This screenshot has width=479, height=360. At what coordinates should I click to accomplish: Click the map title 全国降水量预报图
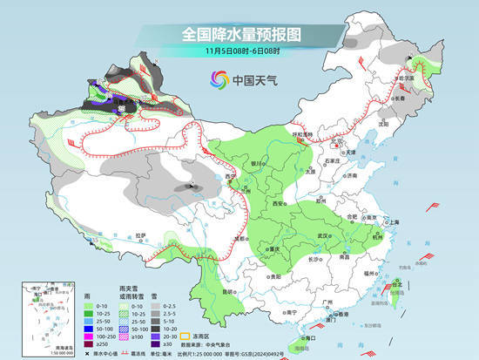point(239,35)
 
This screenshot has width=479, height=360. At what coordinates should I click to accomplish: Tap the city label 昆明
point(226,290)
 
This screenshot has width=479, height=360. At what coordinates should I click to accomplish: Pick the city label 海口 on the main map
point(311,335)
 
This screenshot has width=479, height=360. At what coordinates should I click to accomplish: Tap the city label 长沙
point(317,259)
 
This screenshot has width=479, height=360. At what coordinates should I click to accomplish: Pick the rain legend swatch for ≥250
point(90,344)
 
